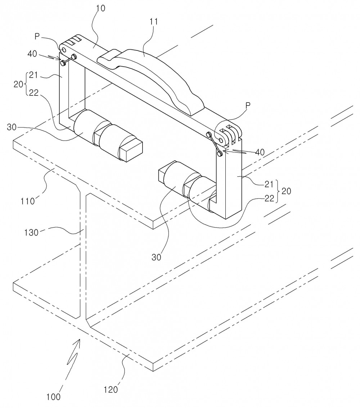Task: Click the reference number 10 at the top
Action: click(x=101, y=8)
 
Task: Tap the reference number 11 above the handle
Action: click(x=153, y=22)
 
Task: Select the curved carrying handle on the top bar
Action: click(x=153, y=78)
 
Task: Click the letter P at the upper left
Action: click(x=37, y=36)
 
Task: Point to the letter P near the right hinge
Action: click(x=248, y=105)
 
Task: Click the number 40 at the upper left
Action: click(x=32, y=54)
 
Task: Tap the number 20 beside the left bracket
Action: click(x=18, y=84)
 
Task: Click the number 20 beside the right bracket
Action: click(x=286, y=191)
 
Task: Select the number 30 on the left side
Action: click(x=12, y=127)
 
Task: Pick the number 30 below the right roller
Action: click(x=156, y=257)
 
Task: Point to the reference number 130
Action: click(x=31, y=232)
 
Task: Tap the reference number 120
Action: click(x=111, y=390)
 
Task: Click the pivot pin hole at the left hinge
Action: click(x=64, y=49)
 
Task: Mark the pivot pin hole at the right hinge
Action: click(x=222, y=140)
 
